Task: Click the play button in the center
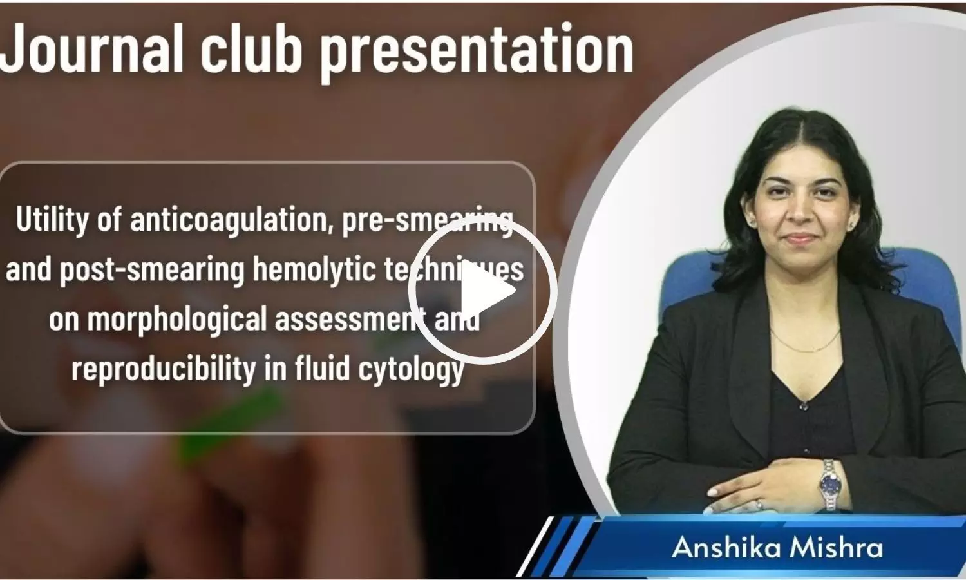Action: coord(482,291)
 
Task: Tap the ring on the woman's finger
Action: coord(759,504)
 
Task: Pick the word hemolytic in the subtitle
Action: coord(314,269)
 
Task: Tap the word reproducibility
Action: coord(164,369)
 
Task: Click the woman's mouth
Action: coord(800,238)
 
